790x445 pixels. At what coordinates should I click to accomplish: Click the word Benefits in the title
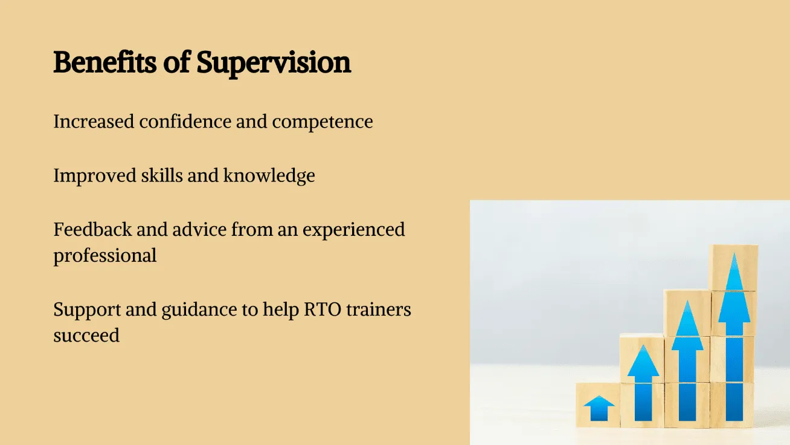(x=104, y=62)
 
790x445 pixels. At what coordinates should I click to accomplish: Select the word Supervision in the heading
(x=274, y=63)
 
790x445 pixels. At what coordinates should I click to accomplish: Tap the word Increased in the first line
(x=94, y=122)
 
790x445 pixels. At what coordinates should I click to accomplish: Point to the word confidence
(x=185, y=122)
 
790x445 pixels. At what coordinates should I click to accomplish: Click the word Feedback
(x=93, y=229)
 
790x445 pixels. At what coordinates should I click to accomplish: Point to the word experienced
(x=354, y=231)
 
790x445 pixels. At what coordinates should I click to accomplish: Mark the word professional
(x=105, y=256)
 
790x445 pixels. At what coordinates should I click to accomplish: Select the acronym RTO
(x=323, y=310)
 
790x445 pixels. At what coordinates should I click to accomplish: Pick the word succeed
(x=87, y=335)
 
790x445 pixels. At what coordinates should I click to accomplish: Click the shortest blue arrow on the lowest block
(x=599, y=408)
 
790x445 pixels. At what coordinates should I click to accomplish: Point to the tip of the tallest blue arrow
(x=734, y=253)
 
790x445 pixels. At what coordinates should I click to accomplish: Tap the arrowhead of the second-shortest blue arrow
(x=643, y=360)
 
